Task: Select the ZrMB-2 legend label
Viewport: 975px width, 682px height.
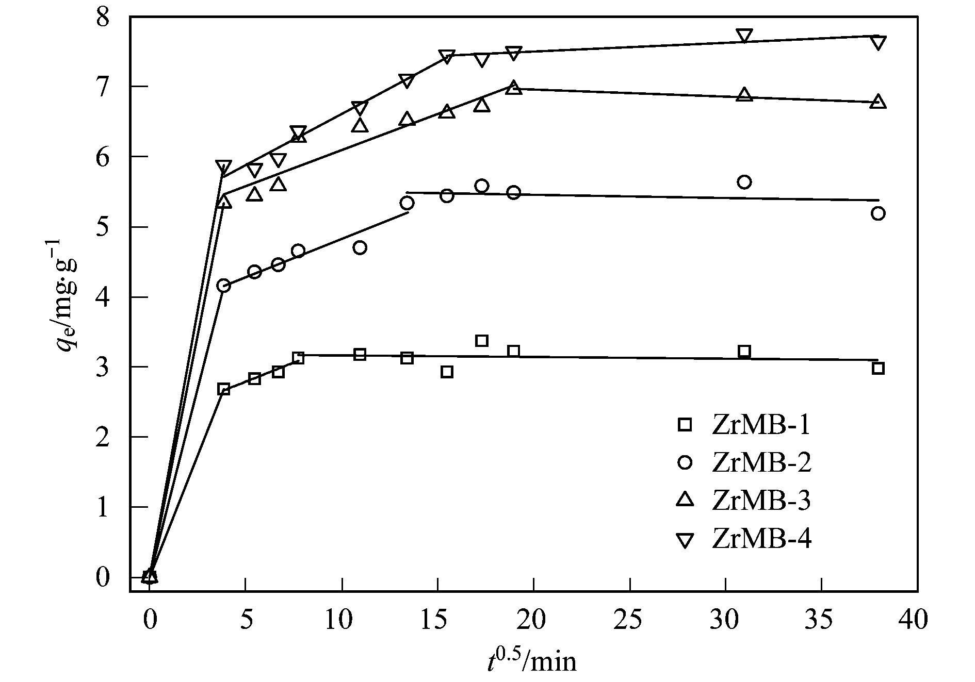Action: (761, 462)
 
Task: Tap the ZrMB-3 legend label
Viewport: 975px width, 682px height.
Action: (761, 501)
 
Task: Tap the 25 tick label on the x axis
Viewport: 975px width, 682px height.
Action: (629, 619)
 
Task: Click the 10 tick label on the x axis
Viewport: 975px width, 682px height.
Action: (342, 619)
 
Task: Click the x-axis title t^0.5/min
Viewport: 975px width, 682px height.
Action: (531, 659)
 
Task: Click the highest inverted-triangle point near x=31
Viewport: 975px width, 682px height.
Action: (744, 36)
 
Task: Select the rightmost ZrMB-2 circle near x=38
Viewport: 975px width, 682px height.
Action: (878, 213)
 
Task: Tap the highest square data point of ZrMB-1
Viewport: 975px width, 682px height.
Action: (482, 341)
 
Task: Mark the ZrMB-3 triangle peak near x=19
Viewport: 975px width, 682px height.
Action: (513, 88)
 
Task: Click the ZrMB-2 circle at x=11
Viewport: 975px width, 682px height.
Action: (360, 248)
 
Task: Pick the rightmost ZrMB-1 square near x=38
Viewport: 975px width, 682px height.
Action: (878, 369)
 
